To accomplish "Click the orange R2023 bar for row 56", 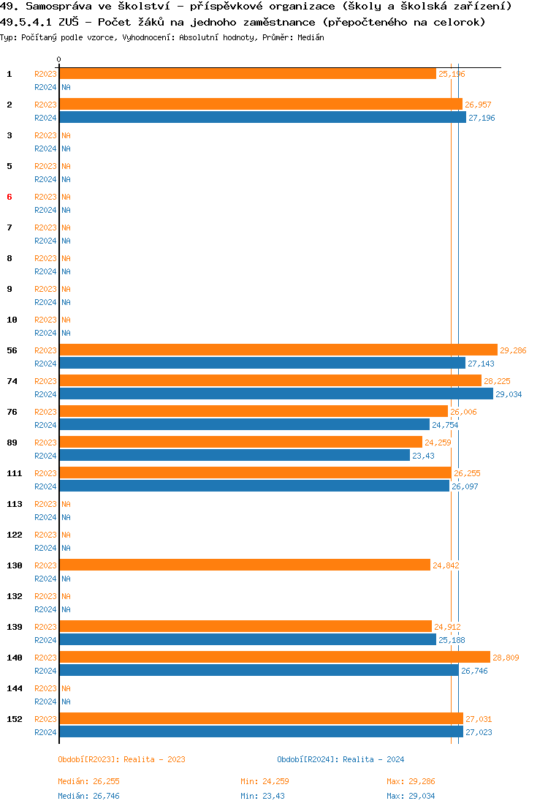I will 278,350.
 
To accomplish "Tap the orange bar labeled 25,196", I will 247,73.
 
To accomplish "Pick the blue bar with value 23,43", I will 234,455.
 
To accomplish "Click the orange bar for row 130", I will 244,565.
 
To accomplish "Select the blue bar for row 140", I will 259,670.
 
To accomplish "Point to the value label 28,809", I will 506,658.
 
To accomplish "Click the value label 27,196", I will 482,118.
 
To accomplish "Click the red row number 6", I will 9,197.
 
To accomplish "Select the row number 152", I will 15,719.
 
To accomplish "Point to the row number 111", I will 15,473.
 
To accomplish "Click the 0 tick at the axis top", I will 59,59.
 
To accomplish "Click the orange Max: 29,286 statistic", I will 411,781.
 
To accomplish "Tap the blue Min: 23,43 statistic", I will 265,796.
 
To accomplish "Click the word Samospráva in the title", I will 55,6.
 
